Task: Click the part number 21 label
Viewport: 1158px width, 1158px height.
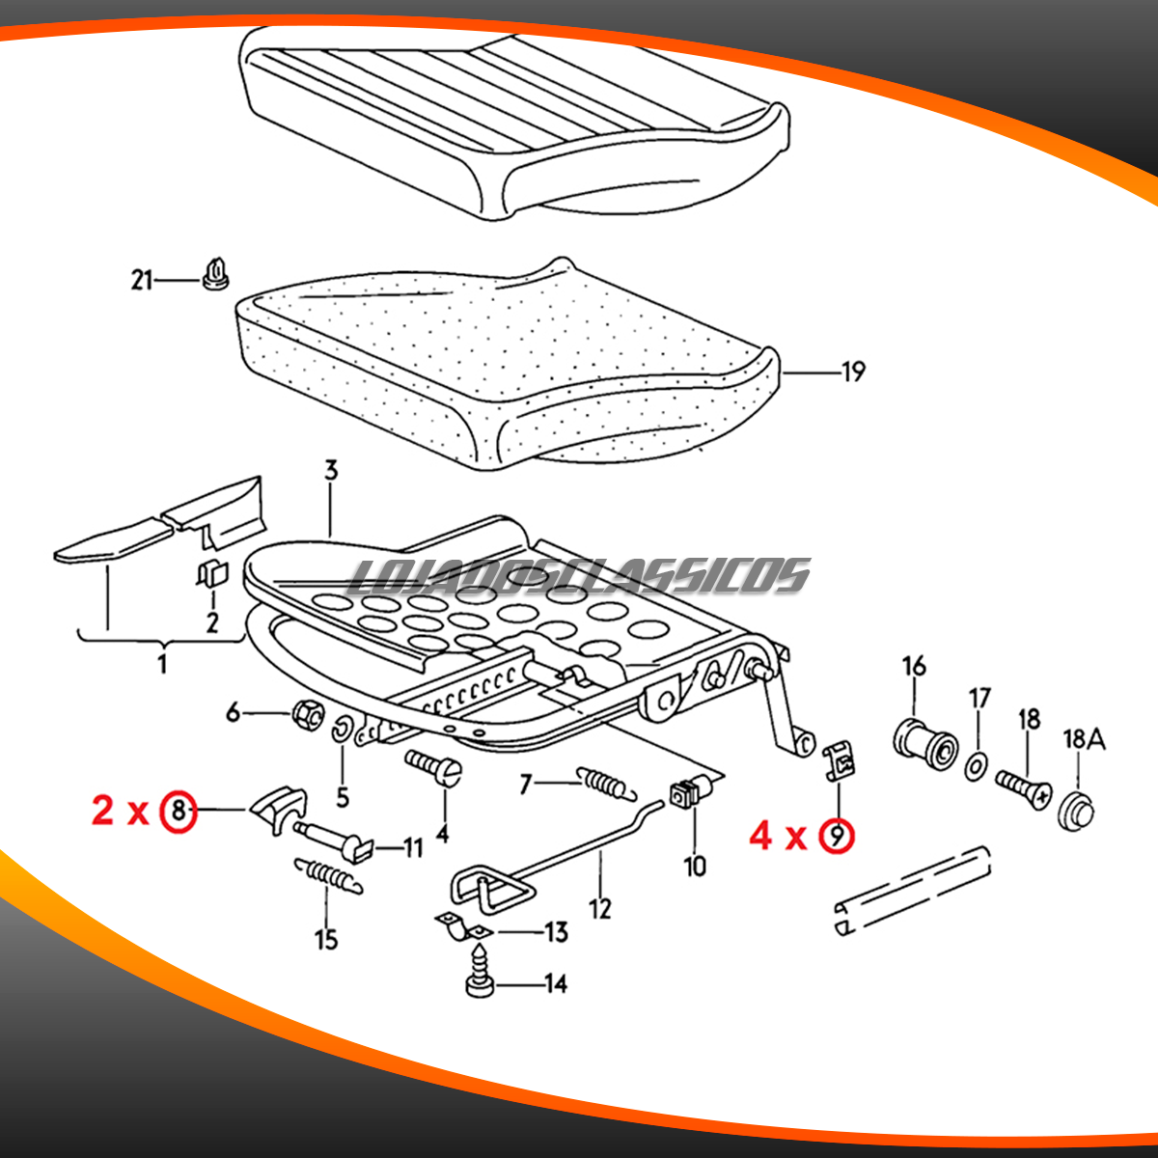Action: (143, 281)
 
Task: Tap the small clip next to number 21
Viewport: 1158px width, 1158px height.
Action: (215, 274)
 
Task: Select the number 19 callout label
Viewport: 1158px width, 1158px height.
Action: (853, 372)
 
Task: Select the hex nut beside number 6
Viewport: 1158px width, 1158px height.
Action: (308, 714)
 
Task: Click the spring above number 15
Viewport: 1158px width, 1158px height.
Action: (329, 875)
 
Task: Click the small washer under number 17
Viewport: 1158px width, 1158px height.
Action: (976, 767)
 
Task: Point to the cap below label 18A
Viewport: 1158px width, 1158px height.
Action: (1077, 811)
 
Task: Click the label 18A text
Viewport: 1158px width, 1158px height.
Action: (1084, 739)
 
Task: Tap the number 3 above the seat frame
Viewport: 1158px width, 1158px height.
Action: (331, 471)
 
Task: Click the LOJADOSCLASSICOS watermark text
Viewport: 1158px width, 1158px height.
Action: (578, 576)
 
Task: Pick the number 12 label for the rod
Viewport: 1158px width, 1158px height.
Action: (600, 909)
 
